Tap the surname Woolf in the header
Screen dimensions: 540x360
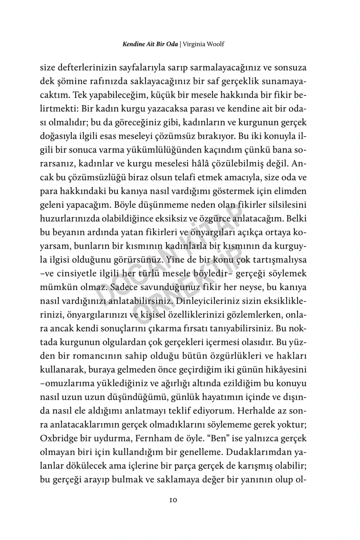(215, 44)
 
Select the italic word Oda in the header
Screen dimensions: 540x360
(172, 44)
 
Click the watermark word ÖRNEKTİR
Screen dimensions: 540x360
(192, 285)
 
